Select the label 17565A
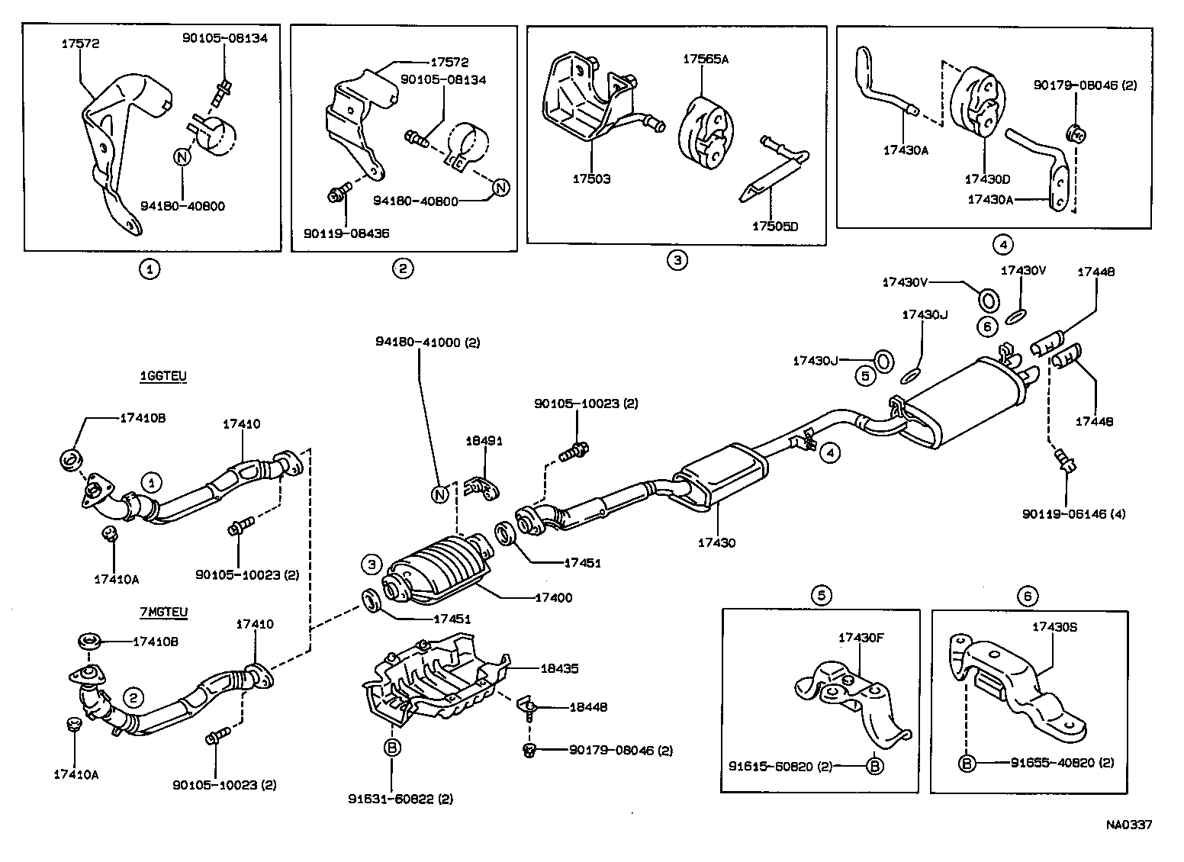(706, 59)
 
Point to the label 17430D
(987, 179)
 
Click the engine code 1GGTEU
(162, 376)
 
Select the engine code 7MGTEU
(163, 612)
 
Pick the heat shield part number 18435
(559, 668)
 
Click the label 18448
(588, 707)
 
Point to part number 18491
(484, 442)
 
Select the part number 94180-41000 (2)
(427, 343)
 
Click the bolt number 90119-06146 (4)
(1073, 514)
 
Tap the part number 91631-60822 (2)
(401, 799)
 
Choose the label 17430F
(861, 637)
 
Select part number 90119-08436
(343, 233)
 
